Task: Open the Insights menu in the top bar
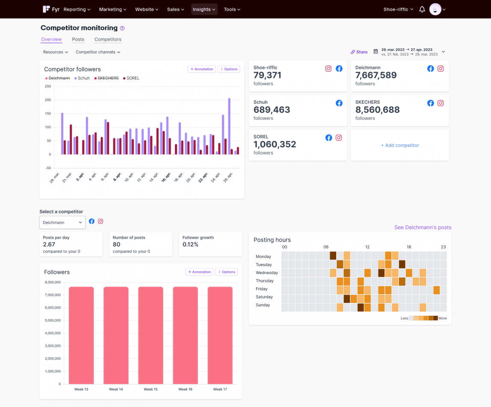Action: coord(204,9)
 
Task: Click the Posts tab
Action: coord(78,39)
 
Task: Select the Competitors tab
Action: coord(108,39)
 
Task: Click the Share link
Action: coord(359,52)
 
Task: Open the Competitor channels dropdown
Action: coord(98,52)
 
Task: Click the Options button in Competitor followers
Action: coord(229,69)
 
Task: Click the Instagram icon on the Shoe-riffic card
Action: coord(328,69)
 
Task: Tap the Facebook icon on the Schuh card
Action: coord(339,103)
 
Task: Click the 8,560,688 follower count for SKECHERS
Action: coord(377,110)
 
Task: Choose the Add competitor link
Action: coord(400,145)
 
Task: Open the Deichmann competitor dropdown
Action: coord(62,222)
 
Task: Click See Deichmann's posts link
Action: coord(423,227)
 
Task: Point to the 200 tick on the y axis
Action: coord(48,100)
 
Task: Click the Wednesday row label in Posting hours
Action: coord(266,273)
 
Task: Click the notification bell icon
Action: coord(422,9)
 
